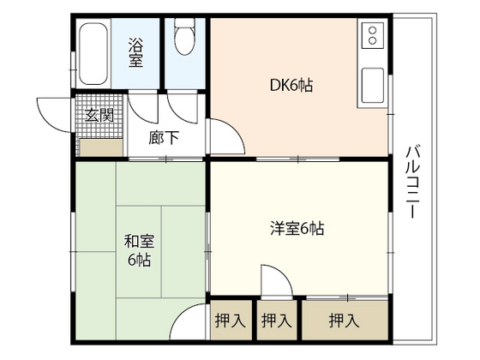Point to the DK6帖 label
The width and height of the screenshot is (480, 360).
click(x=292, y=85)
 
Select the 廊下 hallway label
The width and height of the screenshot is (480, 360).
click(x=164, y=136)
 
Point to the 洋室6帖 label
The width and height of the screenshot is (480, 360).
click(x=295, y=229)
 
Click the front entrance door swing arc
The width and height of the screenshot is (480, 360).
click(x=55, y=110)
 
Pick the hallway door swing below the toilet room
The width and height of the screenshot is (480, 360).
click(x=182, y=107)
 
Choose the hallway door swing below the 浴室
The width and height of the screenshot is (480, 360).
click(x=141, y=109)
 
